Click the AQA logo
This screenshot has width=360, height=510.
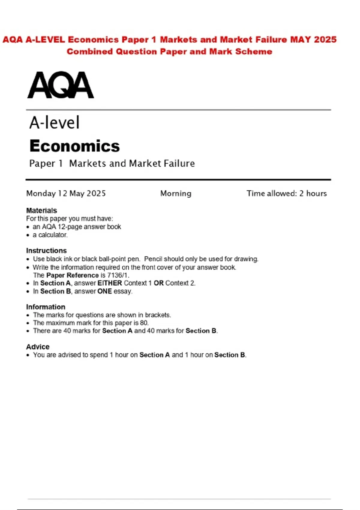coord(61,85)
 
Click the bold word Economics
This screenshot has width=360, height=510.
coord(75,146)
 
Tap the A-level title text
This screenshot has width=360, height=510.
coord(55,123)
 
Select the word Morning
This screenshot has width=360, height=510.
coord(176,193)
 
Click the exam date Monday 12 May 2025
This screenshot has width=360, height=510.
coord(66,193)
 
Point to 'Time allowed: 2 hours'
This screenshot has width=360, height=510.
coord(286,193)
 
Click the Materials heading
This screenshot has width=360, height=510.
coord(41,211)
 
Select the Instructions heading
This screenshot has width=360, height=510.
coord(46,250)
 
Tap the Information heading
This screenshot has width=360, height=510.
coord(46,307)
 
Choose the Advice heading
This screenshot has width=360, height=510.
coord(38,347)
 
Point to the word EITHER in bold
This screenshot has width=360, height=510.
coord(110,283)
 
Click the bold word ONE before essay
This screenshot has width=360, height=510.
coord(105,291)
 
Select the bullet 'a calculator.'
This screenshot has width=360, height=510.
coord(50,235)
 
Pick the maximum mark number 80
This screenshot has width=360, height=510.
coord(144,323)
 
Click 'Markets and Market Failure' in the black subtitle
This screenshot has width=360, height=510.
coord(132,163)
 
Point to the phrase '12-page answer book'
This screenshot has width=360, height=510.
coord(89,227)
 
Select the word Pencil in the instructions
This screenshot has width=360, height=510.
coord(153,259)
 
